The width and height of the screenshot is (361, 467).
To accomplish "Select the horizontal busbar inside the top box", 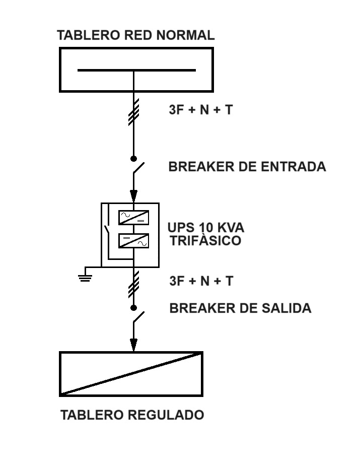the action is (x=136, y=71).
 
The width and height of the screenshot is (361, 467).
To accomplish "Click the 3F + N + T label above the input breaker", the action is (x=200, y=110).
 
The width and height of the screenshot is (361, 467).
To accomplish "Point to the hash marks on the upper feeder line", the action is (x=133, y=112).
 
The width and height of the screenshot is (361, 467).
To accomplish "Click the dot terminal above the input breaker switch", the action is (x=133, y=159).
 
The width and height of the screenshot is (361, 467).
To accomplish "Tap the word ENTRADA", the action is (x=294, y=166).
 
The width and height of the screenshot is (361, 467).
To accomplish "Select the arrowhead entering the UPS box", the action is (x=133, y=196).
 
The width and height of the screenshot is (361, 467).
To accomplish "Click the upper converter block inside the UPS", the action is (x=133, y=218).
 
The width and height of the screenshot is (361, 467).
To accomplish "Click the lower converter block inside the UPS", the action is (x=133, y=241).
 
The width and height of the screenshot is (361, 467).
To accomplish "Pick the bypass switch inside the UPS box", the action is (x=107, y=229).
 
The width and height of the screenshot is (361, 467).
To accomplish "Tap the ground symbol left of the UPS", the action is (x=85, y=278).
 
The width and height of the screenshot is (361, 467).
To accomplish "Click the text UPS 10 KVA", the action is (x=205, y=228).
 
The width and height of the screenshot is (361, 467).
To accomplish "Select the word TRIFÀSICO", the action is (x=205, y=240).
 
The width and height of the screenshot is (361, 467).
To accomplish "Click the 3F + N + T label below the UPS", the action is (x=201, y=281).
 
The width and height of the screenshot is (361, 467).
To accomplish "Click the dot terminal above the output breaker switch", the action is (x=133, y=308).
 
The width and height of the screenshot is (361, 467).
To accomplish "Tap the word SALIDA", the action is (x=286, y=308).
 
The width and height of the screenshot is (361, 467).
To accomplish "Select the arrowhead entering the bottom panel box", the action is (x=133, y=345).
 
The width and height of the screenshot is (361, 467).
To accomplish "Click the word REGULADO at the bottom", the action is (x=166, y=415).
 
